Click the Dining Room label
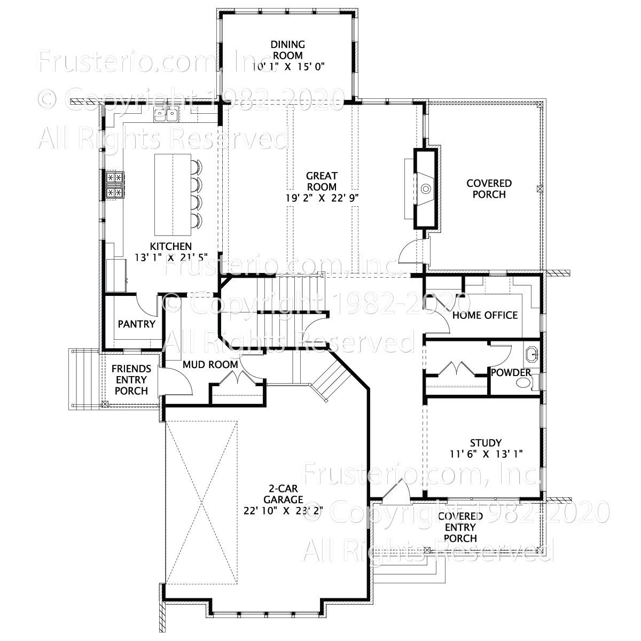[x=287, y=50]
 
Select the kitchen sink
[x=165, y=114]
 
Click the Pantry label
[x=136, y=324]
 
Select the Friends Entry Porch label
[x=131, y=380]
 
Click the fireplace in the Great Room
[x=426, y=189]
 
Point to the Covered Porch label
[x=489, y=189]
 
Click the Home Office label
[x=484, y=315]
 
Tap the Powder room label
[x=511, y=372]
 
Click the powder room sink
[x=531, y=354]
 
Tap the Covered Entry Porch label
[x=460, y=527]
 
